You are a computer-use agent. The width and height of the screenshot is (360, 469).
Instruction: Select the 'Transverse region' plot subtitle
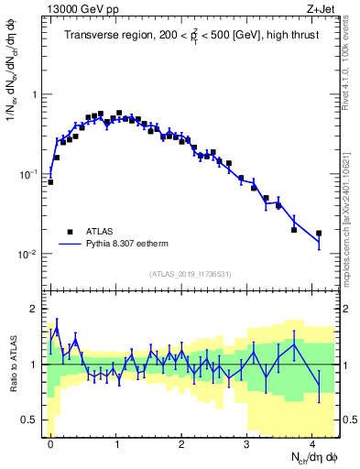(192, 37)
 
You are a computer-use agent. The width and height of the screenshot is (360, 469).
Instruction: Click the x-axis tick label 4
(312, 442)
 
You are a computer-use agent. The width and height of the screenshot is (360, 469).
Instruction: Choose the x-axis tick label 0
(50, 442)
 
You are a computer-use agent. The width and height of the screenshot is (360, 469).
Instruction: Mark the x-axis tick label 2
(181, 442)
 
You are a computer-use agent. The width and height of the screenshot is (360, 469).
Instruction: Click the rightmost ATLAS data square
(319, 234)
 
